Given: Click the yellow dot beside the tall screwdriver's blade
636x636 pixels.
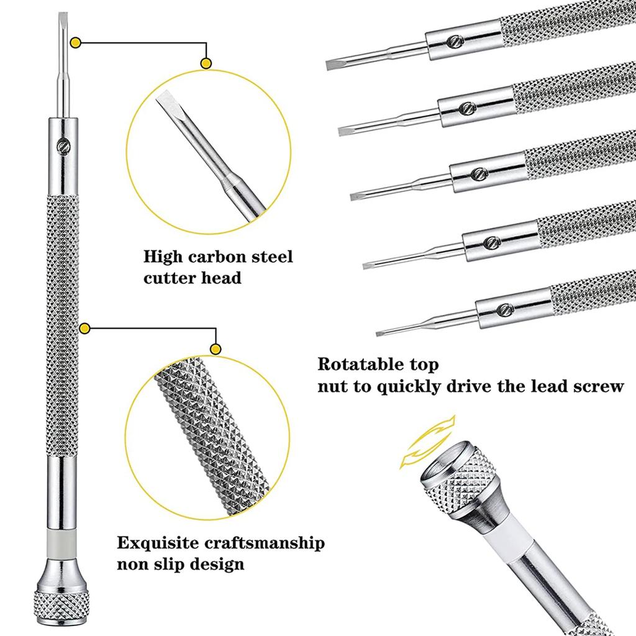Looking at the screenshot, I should pyautogui.click(x=76, y=43).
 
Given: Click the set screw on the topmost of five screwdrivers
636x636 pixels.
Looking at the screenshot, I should pyautogui.click(x=453, y=42).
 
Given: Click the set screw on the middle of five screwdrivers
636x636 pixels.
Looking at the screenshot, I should pyautogui.click(x=477, y=173).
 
